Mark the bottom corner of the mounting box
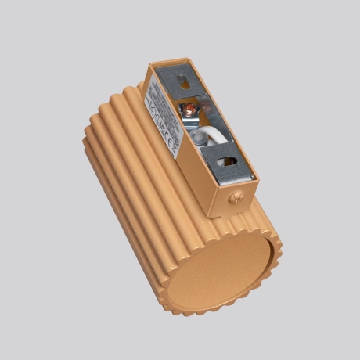214,216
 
